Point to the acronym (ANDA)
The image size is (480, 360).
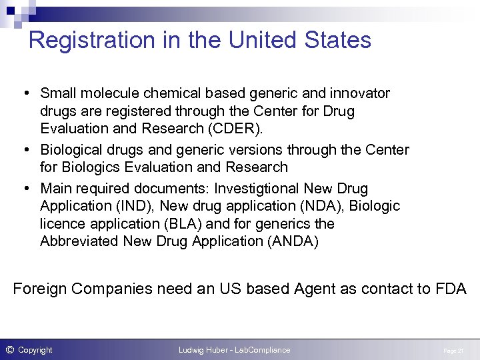(x=293, y=241)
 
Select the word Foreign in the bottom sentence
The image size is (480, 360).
(x=40, y=289)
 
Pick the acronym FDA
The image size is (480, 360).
(x=450, y=289)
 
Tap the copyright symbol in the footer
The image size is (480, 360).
(x=9, y=349)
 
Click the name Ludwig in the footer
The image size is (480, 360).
(x=193, y=350)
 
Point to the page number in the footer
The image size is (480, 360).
(x=453, y=351)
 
